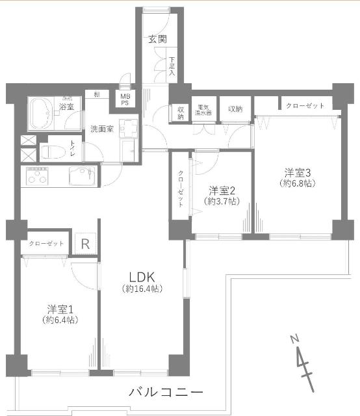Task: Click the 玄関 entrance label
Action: click(x=158, y=39)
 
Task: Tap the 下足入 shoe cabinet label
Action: click(x=172, y=66)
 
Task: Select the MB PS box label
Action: click(x=123, y=99)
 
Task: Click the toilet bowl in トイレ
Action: click(x=51, y=153)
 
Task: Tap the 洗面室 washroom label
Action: click(x=102, y=129)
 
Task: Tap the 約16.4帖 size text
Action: click(x=142, y=288)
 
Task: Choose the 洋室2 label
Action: click(x=221, y=190)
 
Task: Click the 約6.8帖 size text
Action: click(x=298, y=184)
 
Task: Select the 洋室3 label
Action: click(x=298, y=172)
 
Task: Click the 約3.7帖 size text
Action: click(x=221, y=202)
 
